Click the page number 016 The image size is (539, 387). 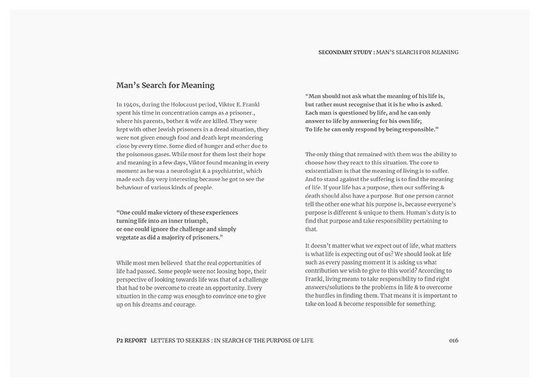tap(453, 340)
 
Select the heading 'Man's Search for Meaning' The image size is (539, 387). tap(165, 85)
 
